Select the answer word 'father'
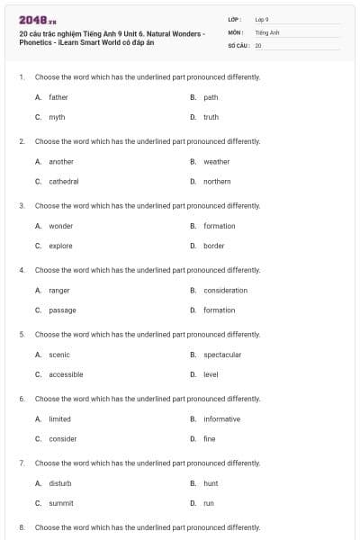click(58, 97)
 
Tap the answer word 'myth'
click(57, 117)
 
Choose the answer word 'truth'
click(211, 117)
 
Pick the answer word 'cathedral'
click(64, 181)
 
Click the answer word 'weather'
click(216, 162)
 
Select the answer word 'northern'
click(217, 181)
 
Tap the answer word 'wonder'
click(61, 226)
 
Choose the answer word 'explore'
click(60, 246)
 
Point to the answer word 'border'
click(214, 246)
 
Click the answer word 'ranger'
click(59, 290)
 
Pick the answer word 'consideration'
click(225, 290)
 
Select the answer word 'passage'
click(62, 310)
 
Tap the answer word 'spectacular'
click(222, 355)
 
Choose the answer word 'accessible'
click(66, 374)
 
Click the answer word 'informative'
click(221, 418)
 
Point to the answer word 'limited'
click(59, 418)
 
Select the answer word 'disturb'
click(60, 483)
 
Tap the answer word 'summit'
click(61, 503)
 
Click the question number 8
click(21, 527)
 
